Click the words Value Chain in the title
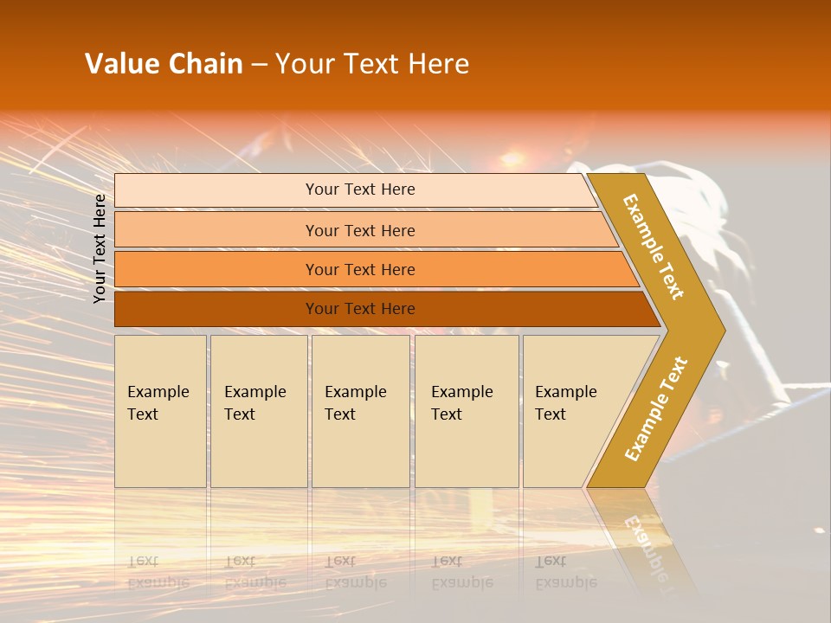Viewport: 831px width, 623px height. tap(164, 64)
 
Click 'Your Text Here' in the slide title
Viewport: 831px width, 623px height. tap(372, 64)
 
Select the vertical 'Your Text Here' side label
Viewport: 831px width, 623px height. tap(100, 248)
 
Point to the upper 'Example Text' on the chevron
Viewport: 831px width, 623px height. tap(654, 247)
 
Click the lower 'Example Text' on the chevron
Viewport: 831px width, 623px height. tap(656, 408)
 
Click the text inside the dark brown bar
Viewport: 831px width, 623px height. tap(360, 309)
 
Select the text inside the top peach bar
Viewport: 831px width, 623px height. tap(360, 189)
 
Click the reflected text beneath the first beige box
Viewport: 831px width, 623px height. tap(158, 572)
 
